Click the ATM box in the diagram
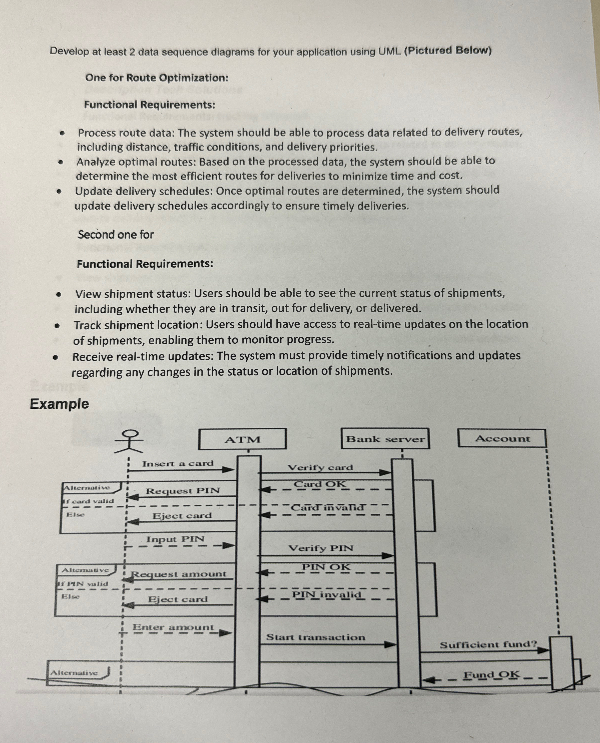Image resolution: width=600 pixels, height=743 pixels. pos(242,439)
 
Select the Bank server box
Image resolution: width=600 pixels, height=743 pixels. pos(385,439)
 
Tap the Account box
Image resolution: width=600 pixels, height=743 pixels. pos(502,438)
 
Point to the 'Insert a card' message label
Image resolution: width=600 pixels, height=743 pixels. pos(178,463)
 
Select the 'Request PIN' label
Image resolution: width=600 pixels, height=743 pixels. pos(182,491)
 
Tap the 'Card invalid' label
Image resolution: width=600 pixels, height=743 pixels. pos(327,508)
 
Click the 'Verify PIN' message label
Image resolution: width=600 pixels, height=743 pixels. pos(321,548)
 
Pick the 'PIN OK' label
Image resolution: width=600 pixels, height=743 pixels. pos(326,567)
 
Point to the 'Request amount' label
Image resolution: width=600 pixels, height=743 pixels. pos(179,574)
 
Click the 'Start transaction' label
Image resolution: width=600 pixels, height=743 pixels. pos(315,637)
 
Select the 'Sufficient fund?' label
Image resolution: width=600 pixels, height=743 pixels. pos(488,644)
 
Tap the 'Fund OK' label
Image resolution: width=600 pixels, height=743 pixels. pos(491,675)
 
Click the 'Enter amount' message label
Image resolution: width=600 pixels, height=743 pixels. pos(173,627)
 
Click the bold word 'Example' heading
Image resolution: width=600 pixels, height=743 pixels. pos(59,404)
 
